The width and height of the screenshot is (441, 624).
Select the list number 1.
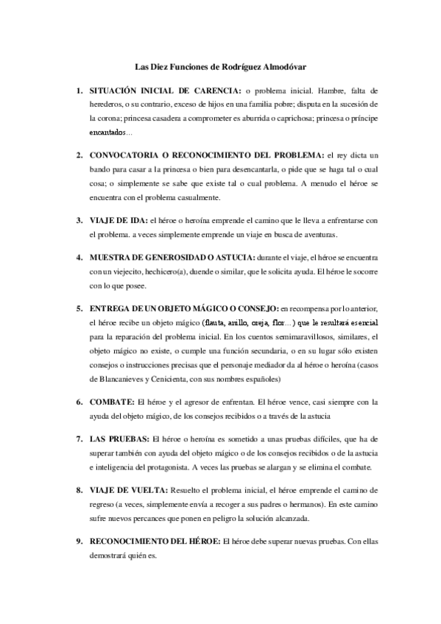coord(79,91)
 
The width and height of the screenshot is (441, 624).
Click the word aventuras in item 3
coord(316,235)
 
